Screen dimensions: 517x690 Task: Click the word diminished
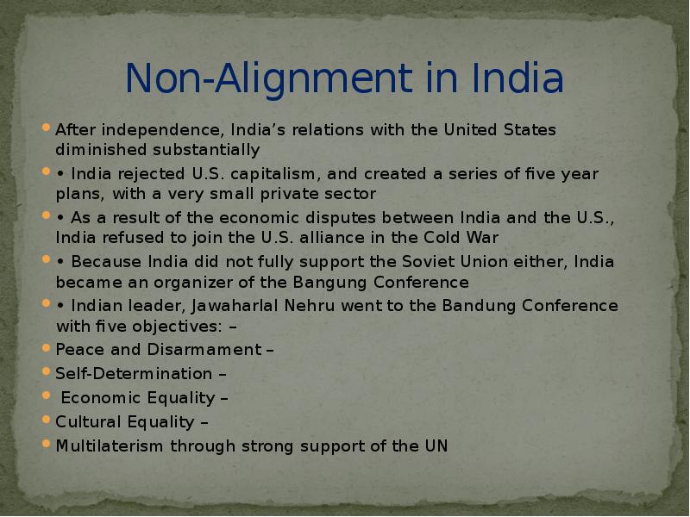click(x=94, y=150)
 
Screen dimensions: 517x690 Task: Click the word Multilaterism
click(x=110, y=446)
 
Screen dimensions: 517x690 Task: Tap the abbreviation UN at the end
click(x=436, y=446)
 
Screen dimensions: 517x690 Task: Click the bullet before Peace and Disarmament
click(x=46, y=350)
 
